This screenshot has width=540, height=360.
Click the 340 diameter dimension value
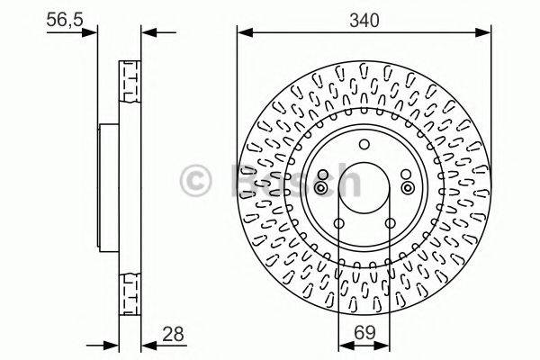tap(364, 17)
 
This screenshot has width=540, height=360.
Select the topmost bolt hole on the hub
tap(364, 143)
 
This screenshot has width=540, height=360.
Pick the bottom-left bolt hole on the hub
tap(338, 222)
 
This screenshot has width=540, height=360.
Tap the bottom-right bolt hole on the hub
tap(389, 222)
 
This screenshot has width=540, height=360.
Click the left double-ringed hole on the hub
tap(321, 187)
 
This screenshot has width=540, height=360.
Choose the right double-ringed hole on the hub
tap(406, 187)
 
